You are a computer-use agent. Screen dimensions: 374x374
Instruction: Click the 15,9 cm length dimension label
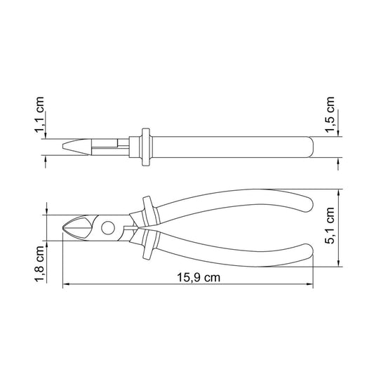click(x=199, y=278)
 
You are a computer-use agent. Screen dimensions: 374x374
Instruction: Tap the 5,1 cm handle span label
click(x=330, y=225)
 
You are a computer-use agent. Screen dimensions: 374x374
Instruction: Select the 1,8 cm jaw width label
click(x=39, y=264)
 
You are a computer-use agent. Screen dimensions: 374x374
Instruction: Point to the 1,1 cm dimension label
click(x=39, y=114)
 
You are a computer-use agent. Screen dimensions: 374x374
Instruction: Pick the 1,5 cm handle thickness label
click(x=330, y=114)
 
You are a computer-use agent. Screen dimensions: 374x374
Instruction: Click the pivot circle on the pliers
click(x=108, y=227)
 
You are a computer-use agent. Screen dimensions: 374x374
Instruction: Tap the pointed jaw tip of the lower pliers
click(x=63, y=228)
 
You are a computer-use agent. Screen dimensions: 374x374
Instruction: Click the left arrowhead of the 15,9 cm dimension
click(x=66, y=284)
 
